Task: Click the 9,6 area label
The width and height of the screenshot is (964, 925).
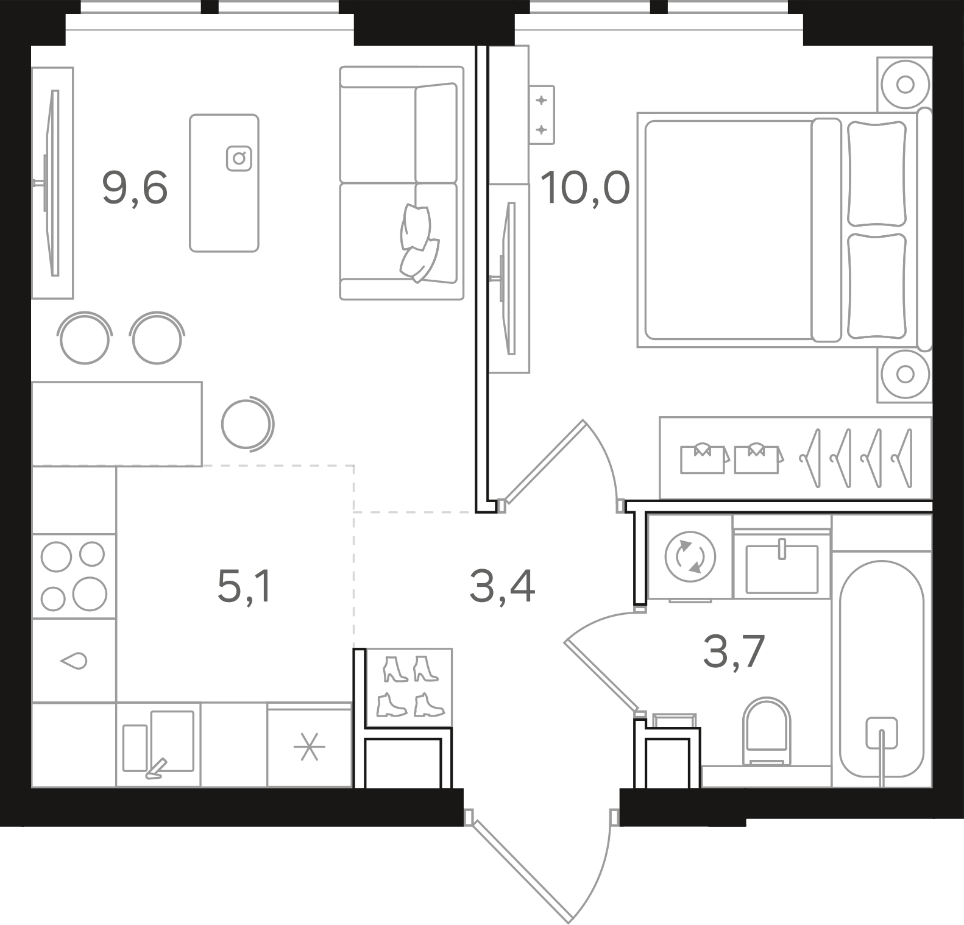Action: pyautogui.click(x=135, y=188)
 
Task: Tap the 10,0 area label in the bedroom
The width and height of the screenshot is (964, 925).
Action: pyautogui.click(x=584, y=188)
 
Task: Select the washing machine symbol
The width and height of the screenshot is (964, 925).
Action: pyautogui.click(x=690, y=556)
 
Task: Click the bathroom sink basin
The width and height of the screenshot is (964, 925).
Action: pyautogui.click(x=782, y=568)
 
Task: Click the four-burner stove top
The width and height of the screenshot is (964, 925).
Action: pyautogui.click(x=73, y=576)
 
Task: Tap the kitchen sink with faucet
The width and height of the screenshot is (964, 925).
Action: pyautogui.click(x=158, y=744)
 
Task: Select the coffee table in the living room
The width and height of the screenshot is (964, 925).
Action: pyautogui.click(x=224, y=183)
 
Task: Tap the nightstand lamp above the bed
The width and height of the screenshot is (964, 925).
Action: pyautogui.click(x=905, y=84)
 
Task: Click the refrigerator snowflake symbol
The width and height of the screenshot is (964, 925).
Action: pyautogui.click(x=310, y=747)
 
